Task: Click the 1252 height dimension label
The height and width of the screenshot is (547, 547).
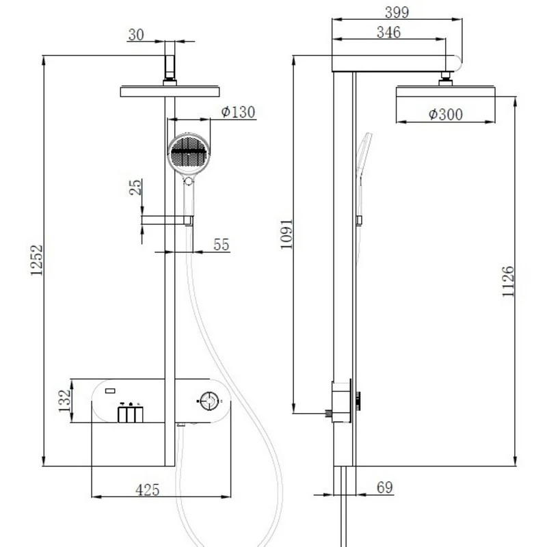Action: [36, 261]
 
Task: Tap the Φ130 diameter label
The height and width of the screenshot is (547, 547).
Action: [238, 111]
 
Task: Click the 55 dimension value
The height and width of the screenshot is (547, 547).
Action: [222, 245]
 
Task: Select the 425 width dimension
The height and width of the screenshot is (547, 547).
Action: [147, 490]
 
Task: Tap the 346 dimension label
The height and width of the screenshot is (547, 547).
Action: [388, 32]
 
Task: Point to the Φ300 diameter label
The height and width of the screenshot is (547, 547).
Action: [445, 114]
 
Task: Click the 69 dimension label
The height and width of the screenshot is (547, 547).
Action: [385, 488]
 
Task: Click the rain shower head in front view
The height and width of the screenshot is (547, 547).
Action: [170, 91]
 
